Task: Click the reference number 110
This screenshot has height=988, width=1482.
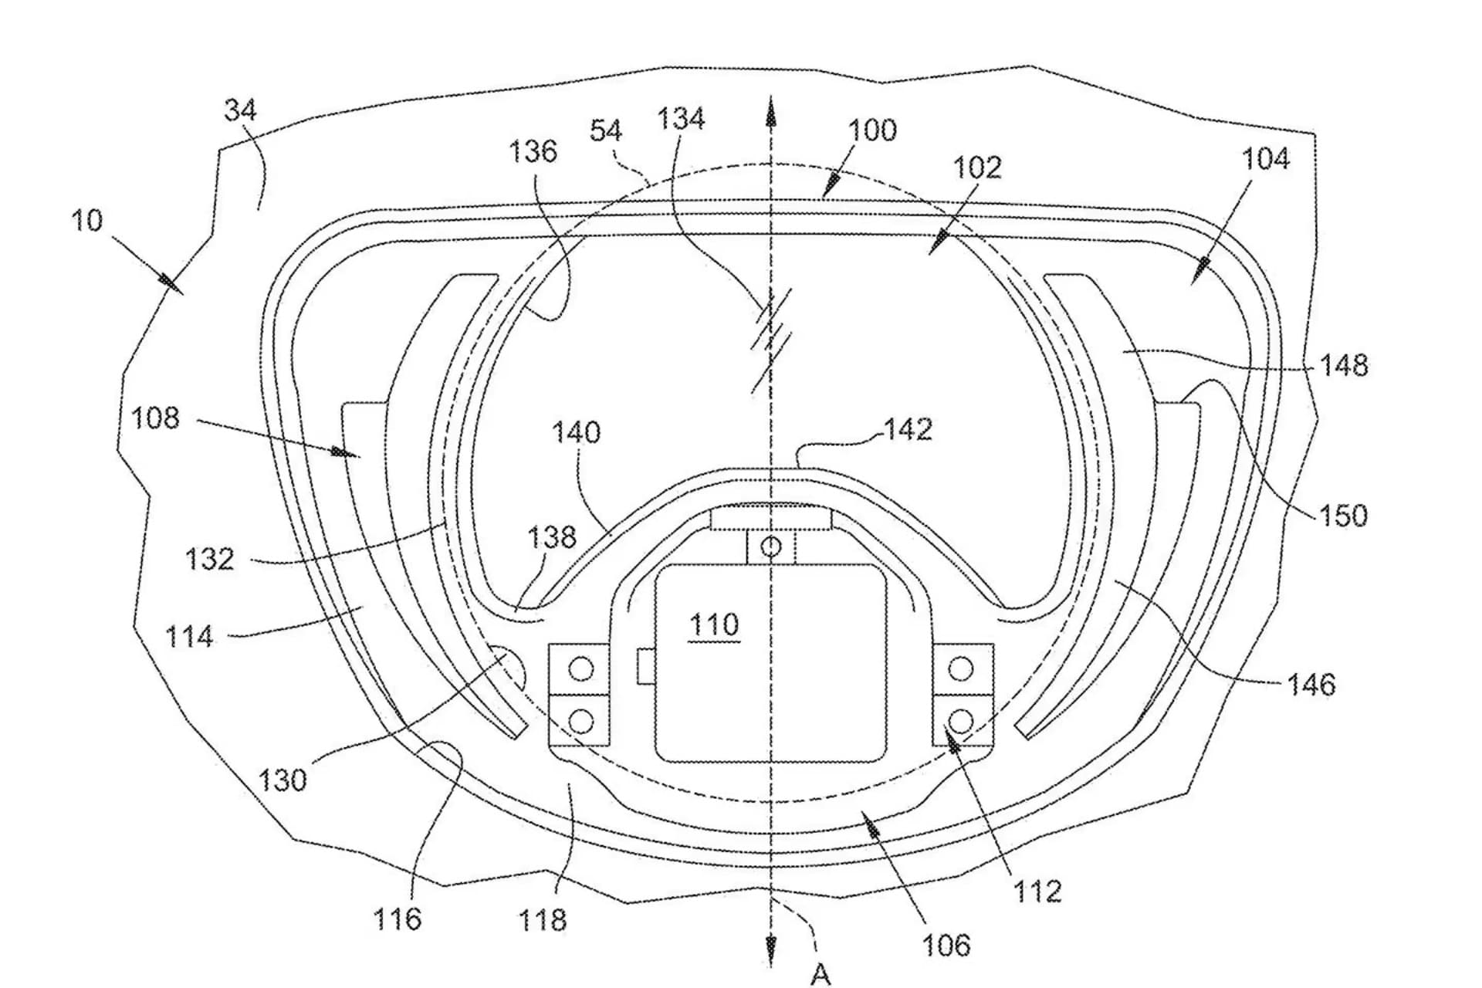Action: (x=714, y=624)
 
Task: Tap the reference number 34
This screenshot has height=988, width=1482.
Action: (x=240, y=110)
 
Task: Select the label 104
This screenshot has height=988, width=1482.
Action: (x=1265, y=159)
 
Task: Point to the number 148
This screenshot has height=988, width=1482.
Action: (x=1344, y=365)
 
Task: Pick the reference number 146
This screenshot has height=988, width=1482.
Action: (x=1311, y=685)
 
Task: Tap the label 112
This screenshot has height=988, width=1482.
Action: (x=1037, y=892)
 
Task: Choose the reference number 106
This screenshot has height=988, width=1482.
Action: (x=946, y=946)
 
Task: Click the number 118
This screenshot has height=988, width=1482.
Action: (x=543, y=920)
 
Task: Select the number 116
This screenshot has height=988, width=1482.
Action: (x=398, y=919)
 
